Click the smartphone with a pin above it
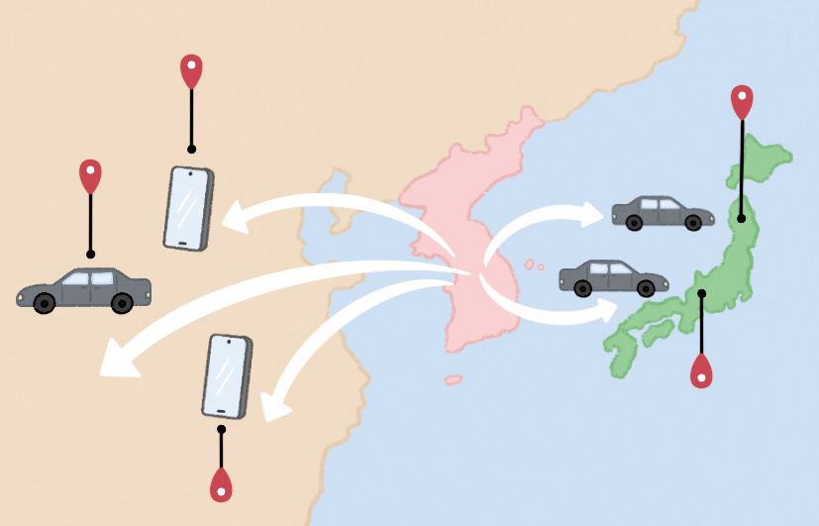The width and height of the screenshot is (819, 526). pos(187,208)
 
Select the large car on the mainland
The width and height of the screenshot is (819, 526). pos(84,289)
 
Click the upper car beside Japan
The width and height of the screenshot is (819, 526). pos(662,211)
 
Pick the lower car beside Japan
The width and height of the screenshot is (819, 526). pos(607,276)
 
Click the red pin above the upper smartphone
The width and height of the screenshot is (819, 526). pos(191,71)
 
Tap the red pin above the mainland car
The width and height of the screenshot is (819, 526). pos(90,175)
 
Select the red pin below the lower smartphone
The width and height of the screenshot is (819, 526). pos(221,486)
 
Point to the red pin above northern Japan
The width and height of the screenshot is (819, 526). pos(742,101)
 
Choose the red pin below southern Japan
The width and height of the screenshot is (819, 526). pos(701,371)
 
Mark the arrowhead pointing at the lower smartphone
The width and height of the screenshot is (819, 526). pos(269,405)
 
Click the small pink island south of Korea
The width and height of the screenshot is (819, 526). pos(453,379)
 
